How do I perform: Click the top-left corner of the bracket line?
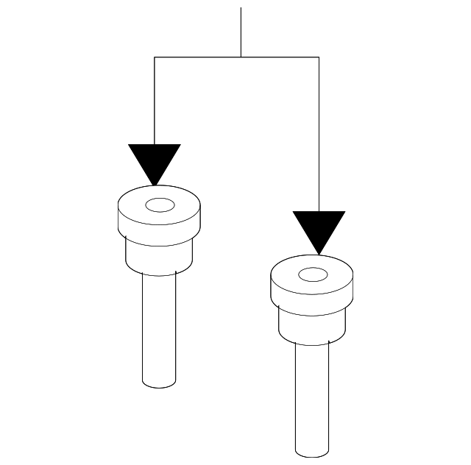tap(155, 57)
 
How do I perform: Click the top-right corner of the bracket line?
tap(319, 57)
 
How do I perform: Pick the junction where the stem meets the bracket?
tap(241, 57)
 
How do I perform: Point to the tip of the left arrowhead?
tap(155, 185)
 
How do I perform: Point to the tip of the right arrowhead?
tap(319, 255)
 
